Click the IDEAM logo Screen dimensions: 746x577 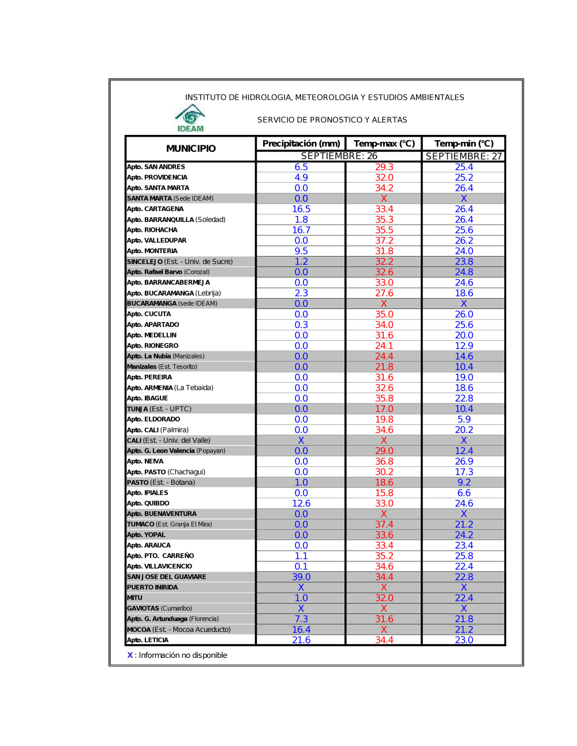tap(190, 118)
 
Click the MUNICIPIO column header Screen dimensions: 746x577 tap(191, 149)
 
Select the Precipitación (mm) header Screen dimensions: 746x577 tap(301, 144)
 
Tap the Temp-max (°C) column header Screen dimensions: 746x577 tap(384, 144)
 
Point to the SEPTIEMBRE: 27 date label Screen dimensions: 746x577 tap(464, 156)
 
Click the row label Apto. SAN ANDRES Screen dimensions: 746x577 tap(156, 167)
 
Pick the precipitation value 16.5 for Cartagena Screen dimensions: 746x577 tap(301, 209)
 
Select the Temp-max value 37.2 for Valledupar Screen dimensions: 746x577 tap(384, 240)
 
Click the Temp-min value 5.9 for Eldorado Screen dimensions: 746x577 tap(464, 420)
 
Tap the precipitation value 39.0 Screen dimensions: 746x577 tap(301, 577)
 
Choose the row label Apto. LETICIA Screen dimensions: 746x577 tap(148, 640)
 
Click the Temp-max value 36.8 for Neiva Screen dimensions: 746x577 tap(384, 462)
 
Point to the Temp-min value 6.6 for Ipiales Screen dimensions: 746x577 tap(464, 493)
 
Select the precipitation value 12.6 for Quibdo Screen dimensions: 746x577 tap(301, 504)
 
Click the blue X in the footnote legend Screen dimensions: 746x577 tap(130, 655)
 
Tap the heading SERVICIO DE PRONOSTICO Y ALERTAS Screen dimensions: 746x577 tap(332, 120)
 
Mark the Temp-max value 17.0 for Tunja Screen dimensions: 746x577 tap(384, 409)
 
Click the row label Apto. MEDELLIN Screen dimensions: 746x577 tap(152, 336)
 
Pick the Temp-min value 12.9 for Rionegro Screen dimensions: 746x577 tap(464, 346)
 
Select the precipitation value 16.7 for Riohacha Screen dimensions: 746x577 tap(301, 230)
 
